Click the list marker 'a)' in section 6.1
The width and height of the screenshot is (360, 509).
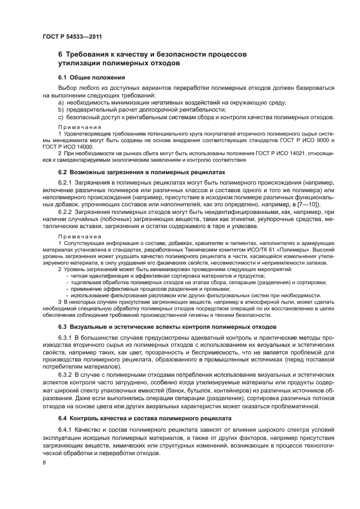pyautogui.click(x=61, y=102)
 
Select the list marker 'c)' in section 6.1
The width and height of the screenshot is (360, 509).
pyautogui.click(x=61, y=116)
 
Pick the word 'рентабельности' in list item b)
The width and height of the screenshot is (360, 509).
pyautogui.click(x=202, y=109)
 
